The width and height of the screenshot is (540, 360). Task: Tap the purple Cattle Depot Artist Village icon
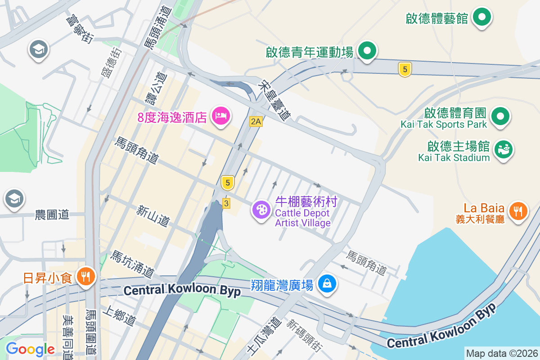coord(261,210)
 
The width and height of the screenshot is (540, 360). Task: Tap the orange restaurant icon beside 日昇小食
coord(85,275)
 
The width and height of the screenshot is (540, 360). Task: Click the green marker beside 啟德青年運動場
coord(368,50)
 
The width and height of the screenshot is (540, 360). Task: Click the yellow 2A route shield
coord(256,121)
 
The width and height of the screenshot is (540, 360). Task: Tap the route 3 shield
coord(226,204)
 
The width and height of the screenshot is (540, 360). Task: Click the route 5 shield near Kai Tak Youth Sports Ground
coord(405,69)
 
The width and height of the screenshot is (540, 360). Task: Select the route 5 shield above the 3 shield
coord(228,182)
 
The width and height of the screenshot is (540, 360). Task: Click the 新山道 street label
coord(153,216)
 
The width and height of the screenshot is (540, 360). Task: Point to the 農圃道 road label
coord(52,215)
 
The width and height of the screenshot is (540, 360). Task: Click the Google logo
coord(30,349)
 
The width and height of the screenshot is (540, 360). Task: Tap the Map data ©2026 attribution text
coord(501,353)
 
